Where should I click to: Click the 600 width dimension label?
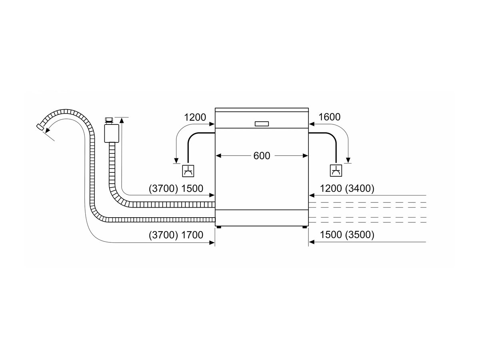click(x=262, y=156)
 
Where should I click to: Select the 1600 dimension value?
click(x=329, y=117)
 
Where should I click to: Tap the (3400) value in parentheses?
click(x=360, y=188)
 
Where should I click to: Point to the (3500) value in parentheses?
click(x=360, y=234)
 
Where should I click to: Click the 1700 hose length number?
click(x=192, y=235)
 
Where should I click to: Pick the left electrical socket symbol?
click(x=188, y=171)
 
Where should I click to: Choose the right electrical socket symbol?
click(x=336, y=171)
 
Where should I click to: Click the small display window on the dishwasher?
click(x=262, y=124)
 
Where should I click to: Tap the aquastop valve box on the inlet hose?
click(x=112, y=133)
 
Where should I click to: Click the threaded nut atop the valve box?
click(x=109, y=121)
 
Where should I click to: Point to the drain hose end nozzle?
click(x=40, y=127)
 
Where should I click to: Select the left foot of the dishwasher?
click(x=218, y=227)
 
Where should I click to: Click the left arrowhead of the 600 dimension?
click(x=218, y=156)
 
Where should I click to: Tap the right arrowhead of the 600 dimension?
click(x=305, y=156)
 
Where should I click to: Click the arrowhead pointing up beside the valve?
click(x=122, y=120)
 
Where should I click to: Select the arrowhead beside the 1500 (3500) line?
click(x=312, y=242)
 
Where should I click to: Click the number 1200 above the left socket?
click(x=195, y=117)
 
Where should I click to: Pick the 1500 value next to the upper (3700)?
click(x=192, y=188)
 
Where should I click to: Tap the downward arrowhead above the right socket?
click(x=348, y=160)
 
